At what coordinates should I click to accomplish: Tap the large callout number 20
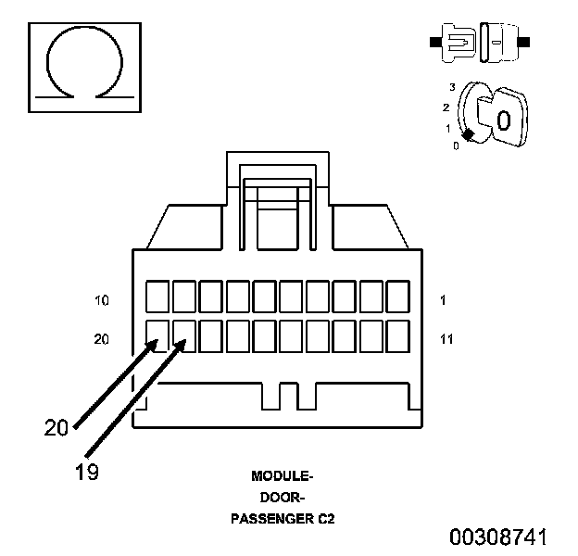pos(57,428)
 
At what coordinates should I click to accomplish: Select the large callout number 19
pos(87,472)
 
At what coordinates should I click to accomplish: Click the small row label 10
pos(102,301)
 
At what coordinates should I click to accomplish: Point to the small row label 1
pos(443,300)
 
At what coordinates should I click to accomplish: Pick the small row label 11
pos(446,339)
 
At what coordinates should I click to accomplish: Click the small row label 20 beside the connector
pos(101,339)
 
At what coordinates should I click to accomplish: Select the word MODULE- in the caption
pos(283,476)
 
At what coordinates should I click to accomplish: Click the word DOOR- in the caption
pos(283,498)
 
